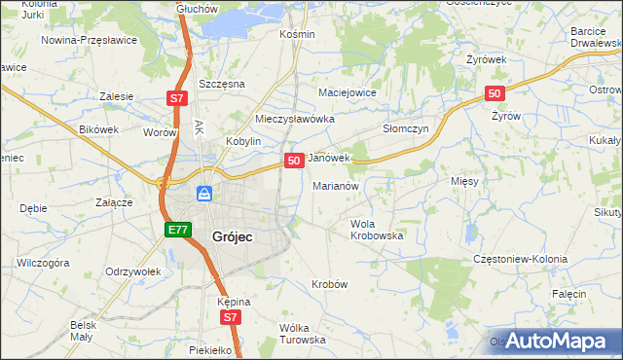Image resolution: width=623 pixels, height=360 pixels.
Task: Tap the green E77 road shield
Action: click(x=176, y=230)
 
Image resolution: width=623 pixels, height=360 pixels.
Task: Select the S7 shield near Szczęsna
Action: click(x=175, y=98)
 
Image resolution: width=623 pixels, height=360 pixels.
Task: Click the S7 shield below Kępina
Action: click(x=230, y=317)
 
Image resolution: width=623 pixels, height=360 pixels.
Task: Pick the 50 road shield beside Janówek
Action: click(x=293, y=160)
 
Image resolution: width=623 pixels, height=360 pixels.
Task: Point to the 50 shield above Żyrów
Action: click(x=495, y=93)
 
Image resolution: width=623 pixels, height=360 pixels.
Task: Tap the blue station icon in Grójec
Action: click(x=204, y=194)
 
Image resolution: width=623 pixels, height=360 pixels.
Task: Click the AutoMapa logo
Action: click(x=554, y=341)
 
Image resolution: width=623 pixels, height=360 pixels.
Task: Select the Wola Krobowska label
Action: click(x=377, y=230)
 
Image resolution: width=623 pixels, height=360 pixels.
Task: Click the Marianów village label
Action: click(x=337, y=185)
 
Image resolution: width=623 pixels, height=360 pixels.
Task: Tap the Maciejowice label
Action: click(x=348, y=93)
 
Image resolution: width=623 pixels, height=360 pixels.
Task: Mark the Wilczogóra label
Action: click(x=43, y=263)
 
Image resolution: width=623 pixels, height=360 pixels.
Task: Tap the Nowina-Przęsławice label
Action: click(x=89, y=41)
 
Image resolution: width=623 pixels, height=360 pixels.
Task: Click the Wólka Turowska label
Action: click(x=302, y=334)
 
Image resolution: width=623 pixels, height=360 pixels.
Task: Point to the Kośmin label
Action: click(x=297, y=34)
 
